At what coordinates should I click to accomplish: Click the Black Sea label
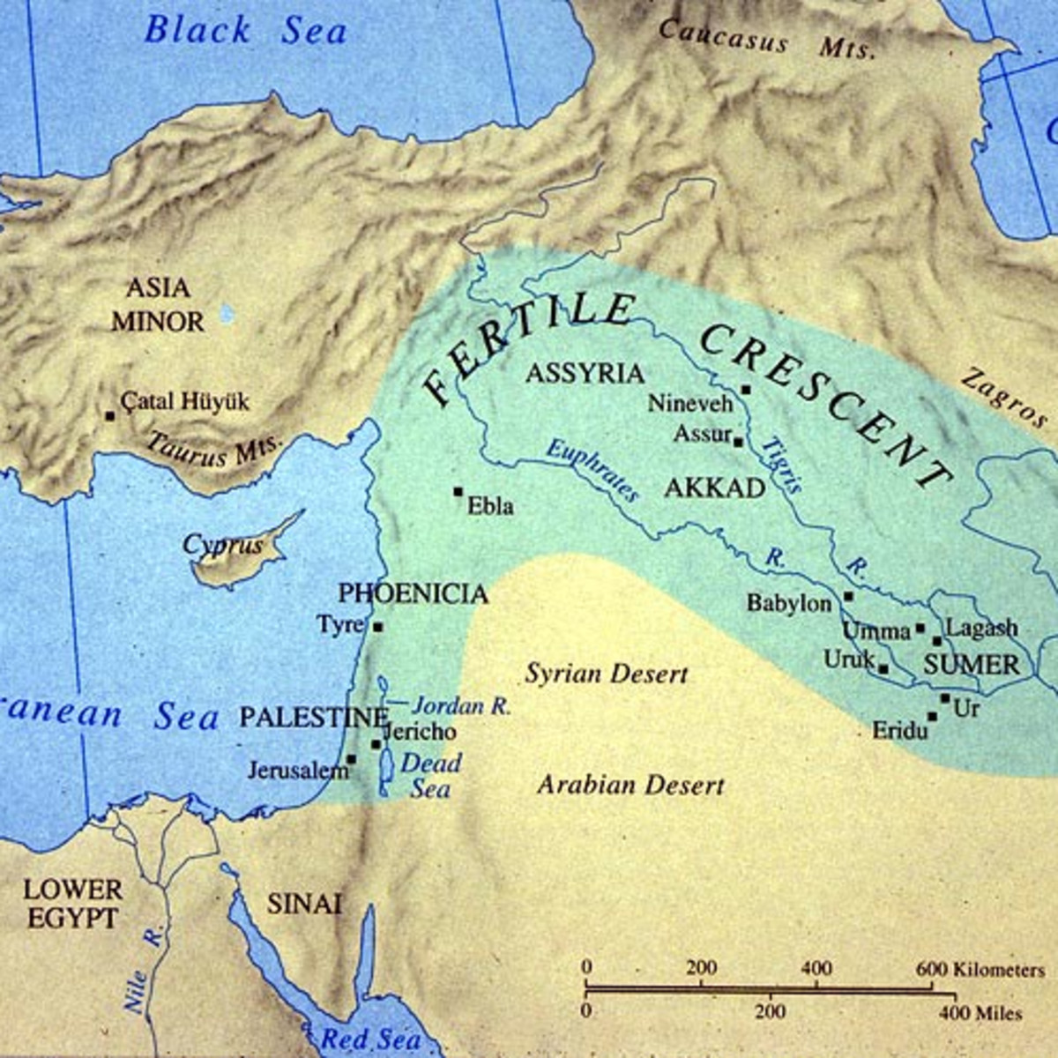[x=246, y=30]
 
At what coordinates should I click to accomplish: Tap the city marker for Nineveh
[x=746, y=389]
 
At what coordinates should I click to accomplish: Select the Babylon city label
[x=789, y=603]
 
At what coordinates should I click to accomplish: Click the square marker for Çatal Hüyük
[x=109, y=415]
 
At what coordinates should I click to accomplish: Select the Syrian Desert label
[x=607, y=674]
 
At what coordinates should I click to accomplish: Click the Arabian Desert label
[x=630, y=785]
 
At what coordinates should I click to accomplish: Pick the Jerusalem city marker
[x=351, y=758]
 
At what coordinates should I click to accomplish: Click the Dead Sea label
[x=430, y=775]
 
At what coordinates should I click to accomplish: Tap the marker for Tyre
[x=377, y=627]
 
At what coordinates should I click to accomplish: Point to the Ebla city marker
[x=458, y=491]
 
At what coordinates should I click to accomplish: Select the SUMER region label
[x=971, y=665]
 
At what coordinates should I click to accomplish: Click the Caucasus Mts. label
[x=767, y=40]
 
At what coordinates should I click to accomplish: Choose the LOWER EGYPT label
[x=72, y=903]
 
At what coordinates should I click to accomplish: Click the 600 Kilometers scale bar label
[x=979, y=969]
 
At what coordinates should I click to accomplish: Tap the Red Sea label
[x=370, y=1039]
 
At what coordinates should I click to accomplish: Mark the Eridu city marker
[x=932, y=716]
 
